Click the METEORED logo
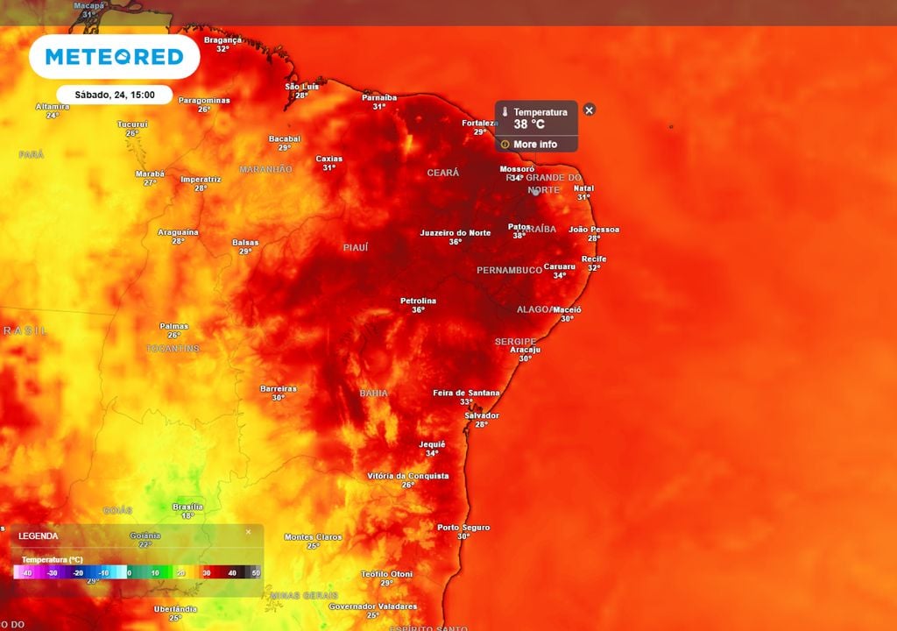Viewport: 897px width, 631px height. (x=114, y=57)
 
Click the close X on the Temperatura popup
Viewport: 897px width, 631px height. (x=590, y=110)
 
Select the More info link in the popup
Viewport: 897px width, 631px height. (x=534, y=145)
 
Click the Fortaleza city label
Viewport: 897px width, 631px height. (x=480, y=123)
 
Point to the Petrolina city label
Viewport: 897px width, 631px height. (x=418, y=301)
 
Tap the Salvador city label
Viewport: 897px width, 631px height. (x=482, y=415)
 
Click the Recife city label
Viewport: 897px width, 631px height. (x=593, y=259)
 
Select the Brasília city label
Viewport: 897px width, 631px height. (x=187, y=507)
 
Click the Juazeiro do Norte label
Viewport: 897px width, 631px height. (x=455, y=232)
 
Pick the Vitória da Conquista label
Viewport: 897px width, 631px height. (x=407, y=476)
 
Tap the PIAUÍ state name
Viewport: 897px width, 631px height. (x=355, y=248)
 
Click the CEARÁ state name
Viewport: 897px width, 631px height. (x=442, y=173)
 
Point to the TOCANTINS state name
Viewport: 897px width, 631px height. (x=173, y=349)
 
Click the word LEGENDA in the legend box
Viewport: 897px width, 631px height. (x=39, y=535)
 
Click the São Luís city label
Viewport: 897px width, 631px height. (x=301, y=86)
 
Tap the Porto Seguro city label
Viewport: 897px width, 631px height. (x=463, y=528)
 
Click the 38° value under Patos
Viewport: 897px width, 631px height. (x=519, y=236)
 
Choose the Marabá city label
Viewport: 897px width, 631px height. (x=150, y=174)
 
